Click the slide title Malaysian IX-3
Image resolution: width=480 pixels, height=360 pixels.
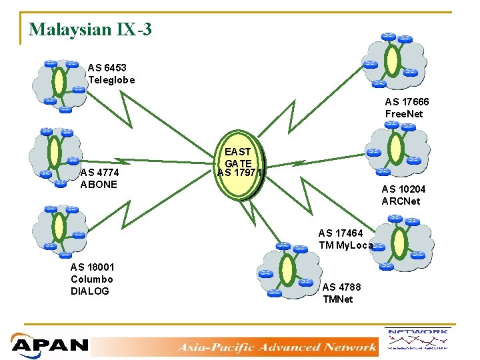[91, 30]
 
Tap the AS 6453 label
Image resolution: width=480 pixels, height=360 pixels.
[107, 68]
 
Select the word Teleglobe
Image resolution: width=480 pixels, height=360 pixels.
[111, 80]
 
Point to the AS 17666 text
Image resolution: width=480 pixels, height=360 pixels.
[407, 102]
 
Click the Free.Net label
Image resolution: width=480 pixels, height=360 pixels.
[404, 114]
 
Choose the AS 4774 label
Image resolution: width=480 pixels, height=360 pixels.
[99, 172]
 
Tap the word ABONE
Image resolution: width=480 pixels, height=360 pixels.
[99, 184]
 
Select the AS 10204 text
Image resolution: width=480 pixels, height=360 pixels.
[403, 189]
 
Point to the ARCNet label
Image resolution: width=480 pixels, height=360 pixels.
[401, 201]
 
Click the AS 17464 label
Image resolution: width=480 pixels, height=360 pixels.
[341, 233]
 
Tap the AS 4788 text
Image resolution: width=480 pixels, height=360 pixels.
[342, 287]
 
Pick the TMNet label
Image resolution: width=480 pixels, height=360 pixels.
[338, 299]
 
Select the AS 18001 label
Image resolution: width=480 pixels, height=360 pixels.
[92, 267]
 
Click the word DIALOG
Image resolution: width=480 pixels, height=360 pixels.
[89, 291]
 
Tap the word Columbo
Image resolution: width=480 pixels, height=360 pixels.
[92, 279]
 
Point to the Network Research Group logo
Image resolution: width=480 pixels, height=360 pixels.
[418, 339]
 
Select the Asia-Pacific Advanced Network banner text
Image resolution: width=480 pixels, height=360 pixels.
[277, 347]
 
